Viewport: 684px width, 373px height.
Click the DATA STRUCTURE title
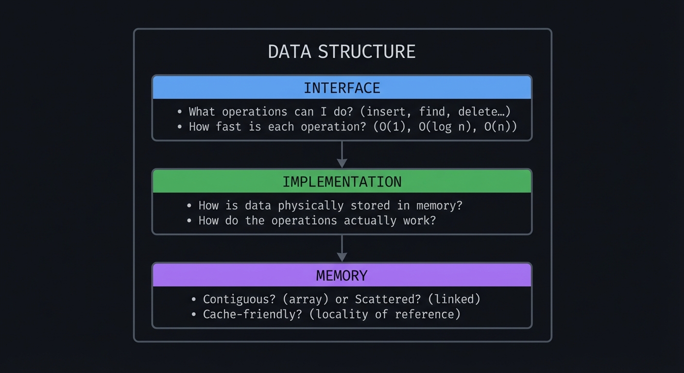pyautogui.click(x=342, y=51)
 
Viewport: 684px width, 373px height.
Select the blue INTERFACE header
pyautogui.click(x=342, y=88)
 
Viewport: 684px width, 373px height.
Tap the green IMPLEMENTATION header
pyautogui.click(x=342, y=182)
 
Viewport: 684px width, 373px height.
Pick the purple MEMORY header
pyautogui.click(x=342, y=275)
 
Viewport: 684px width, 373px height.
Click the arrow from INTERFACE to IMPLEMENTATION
pyautogui.click(x=342, y=155)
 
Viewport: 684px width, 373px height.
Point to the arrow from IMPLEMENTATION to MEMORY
pyautogui.click(x=342, y=249)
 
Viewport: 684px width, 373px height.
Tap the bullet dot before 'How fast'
pyautogui.click(x=180, y=127)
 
